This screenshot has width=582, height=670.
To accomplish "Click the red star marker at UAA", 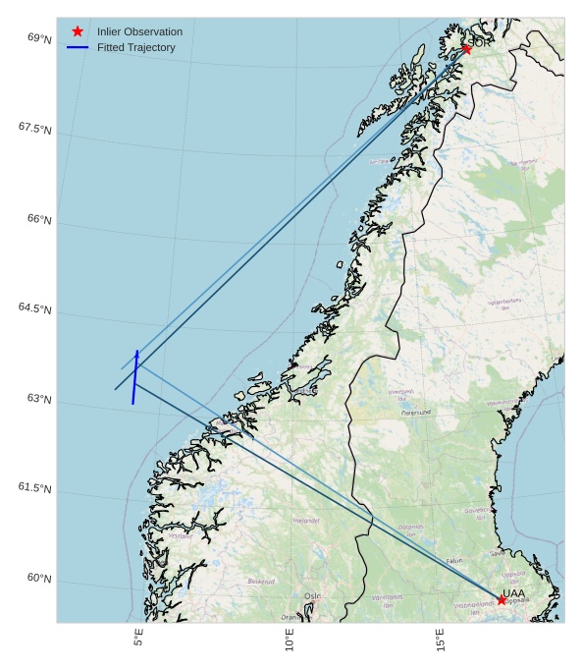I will [502, 599].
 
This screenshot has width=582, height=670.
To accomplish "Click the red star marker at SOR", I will [466, 48].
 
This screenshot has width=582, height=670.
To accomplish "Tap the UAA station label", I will [513, 592].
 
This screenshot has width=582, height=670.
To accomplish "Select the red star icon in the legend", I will [78, 31].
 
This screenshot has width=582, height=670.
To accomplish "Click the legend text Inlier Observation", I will [139, 31].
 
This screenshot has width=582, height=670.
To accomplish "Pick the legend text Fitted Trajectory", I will [135, 47].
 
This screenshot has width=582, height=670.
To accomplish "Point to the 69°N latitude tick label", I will [39, 38].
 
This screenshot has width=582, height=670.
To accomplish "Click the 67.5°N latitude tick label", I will [34, 129].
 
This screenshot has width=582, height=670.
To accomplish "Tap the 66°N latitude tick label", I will [39, 219].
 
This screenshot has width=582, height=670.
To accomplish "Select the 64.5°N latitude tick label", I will [34, 308].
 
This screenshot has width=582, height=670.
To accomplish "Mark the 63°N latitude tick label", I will [39, 399].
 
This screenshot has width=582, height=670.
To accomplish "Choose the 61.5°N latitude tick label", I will [34, 488].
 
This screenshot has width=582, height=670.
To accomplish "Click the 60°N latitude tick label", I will [39, 579].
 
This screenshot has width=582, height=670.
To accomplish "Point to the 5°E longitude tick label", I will [139, 638].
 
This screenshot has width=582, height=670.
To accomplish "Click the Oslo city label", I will [312, 596].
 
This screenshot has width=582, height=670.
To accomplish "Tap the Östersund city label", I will [417, 413].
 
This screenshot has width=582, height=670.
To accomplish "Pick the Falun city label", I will [454, 561].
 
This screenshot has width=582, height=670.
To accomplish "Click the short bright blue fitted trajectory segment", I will [135, 376].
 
